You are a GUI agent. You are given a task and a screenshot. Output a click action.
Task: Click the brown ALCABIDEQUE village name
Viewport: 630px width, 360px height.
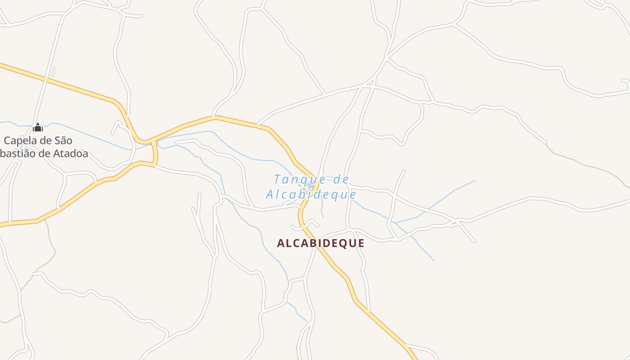pyautogui.click(x=320, y=243)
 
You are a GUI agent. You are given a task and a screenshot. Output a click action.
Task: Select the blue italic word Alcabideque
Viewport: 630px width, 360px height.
pyautogui.click(x=311, y=195)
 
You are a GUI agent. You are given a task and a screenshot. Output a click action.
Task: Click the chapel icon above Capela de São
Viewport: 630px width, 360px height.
pyautogui.click(x=38, y=127)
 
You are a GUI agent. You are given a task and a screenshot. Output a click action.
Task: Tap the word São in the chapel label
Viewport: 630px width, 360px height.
pyautogui.click(x=64, y=141)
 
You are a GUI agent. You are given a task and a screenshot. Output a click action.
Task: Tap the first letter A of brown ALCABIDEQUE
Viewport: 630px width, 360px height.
pyautogui.click(x=281, y=243)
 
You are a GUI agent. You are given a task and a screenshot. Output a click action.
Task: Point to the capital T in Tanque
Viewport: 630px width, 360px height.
pyautogui.click(x=277, y=180)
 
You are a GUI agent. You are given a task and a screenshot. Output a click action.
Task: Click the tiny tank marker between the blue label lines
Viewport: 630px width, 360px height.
pyautogui.click(x=310, y=186)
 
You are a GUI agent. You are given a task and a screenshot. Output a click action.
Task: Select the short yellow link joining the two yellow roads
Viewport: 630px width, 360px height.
pyautogui.click(x=155, y=153)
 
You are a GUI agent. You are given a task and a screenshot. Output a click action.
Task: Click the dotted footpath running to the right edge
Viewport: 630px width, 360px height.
pyautogui.click(x=585, y=164)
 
